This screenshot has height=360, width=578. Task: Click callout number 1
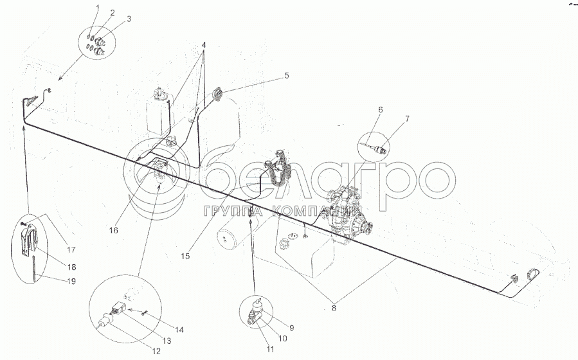98,8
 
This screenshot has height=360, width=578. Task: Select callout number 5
287,76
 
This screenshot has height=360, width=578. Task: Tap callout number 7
407,119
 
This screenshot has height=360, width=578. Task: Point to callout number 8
334,309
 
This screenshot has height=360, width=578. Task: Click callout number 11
270,349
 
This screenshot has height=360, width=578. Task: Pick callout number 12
156,351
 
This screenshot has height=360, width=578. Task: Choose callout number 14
179,330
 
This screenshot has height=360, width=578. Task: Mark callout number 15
185,256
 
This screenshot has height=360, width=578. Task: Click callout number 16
114,230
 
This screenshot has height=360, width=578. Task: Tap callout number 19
71,281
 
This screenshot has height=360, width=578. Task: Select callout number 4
203,45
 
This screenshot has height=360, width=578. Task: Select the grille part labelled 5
218,93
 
